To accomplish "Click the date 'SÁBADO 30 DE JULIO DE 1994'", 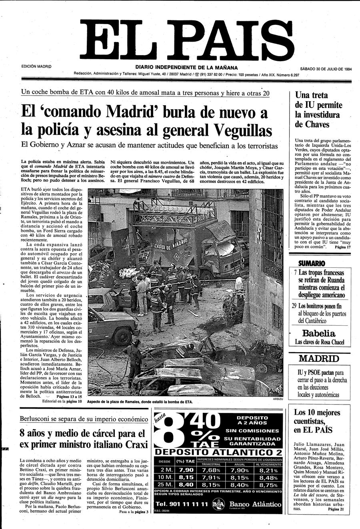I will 326,68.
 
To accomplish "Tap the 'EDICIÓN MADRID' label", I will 36,66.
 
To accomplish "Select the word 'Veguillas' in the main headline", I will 242,130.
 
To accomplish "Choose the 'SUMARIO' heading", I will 312,263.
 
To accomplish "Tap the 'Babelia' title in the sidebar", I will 318,333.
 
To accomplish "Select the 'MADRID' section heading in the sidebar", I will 318,358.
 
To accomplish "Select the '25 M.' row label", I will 165,485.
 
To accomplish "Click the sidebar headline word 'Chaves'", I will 312,124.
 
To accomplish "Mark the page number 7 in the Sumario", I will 295,273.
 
